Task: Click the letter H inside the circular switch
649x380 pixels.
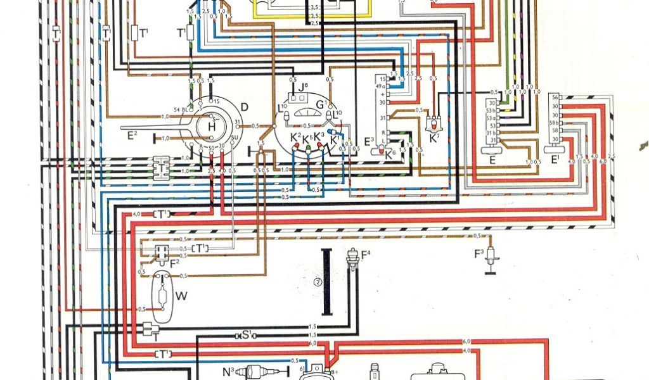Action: coord(211,127)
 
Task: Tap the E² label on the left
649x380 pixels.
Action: coord(132,134)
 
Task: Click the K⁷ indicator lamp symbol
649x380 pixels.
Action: coord(434,122)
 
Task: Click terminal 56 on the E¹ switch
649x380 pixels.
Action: coord(555,97)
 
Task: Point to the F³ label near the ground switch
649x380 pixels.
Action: coord(480,255)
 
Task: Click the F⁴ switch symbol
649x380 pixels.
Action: coord(350,260)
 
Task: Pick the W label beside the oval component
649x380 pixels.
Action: coord(182,296)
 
